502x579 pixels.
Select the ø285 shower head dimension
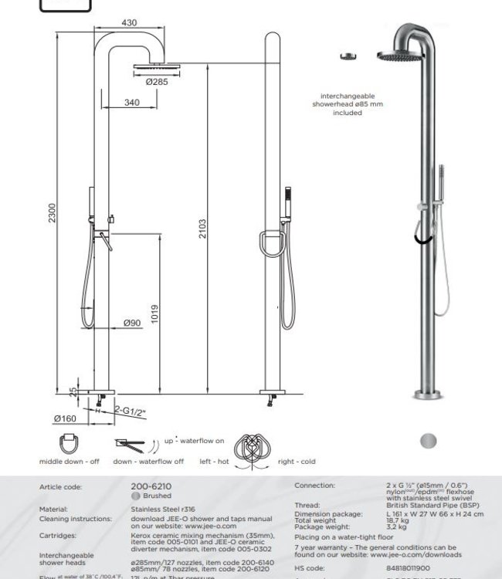157,81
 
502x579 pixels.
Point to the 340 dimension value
132,103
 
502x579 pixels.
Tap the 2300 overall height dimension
53,213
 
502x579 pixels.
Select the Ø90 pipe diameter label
132,323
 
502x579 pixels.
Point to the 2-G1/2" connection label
131,411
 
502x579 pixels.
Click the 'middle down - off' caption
69,462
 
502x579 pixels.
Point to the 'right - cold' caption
297,462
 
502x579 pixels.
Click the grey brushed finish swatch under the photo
428,441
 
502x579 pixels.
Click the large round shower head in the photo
399,56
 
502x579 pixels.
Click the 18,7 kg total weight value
398,521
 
